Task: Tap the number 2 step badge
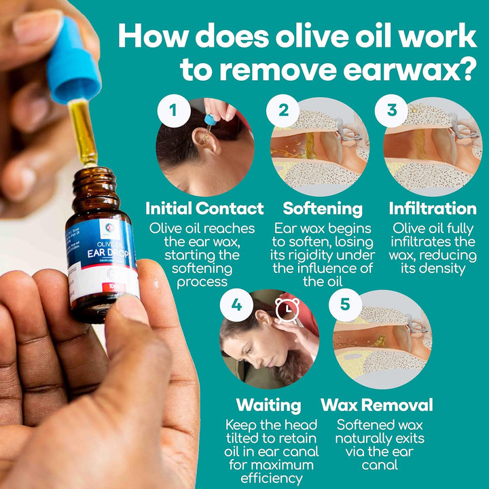pyautogui.click(x=283, y=111)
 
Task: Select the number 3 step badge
pyautogui.click(x=392, y=111)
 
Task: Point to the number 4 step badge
pyautogui.click(x=236, y=306)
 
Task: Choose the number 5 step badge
pyautogui.click(x=345, y=306)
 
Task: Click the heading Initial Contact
pyautogui.click(x=204, y=208)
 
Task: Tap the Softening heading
pyautogui.click(x=323, y=208)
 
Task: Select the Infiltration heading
pyautogui.click(x=432, y=208)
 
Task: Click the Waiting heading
pyautogui.click(x=268, y=405)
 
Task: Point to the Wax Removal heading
pyautogui.click(x=376, y=405)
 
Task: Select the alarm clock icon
pyautogui.click(x=287, y=310)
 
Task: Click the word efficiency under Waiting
pyautogui.click(x=268, y=478)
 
